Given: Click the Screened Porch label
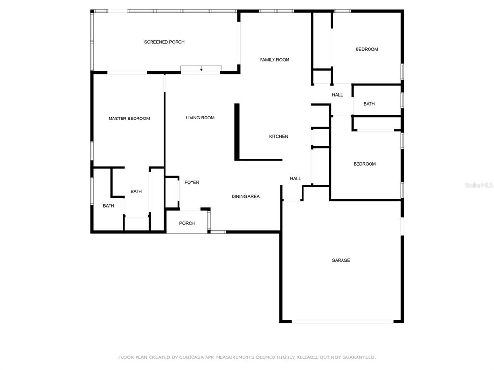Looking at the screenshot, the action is [x=164, y=42].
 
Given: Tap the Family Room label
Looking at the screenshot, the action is [x=274, y=60].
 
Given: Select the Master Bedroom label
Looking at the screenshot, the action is [x=129, y=119].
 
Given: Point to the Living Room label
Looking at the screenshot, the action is [x=200, y=118].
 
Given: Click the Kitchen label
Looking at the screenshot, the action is [x=278, y=136].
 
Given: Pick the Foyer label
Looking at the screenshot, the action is [x=192, y=182].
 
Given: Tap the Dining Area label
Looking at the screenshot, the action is [x=246, y=197].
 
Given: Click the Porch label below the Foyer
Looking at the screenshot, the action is [x=187, y=223].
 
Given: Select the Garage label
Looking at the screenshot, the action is [x=341, y=260].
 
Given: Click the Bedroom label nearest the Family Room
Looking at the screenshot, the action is [x=367, y=49].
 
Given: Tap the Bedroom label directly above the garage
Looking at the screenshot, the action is [x=365, y=164].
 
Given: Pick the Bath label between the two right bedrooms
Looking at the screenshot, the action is [x=369, y=104].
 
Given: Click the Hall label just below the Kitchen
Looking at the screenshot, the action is [x=295, y=179].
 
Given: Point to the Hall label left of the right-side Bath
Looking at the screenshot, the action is [x=337, y=95].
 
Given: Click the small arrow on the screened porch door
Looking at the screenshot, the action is [x=201, y=69].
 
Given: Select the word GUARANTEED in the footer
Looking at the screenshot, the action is [x=359, y=357].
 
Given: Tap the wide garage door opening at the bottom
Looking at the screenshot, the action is [x=343, y=321].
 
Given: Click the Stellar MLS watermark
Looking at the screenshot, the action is [x=479, y=185].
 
